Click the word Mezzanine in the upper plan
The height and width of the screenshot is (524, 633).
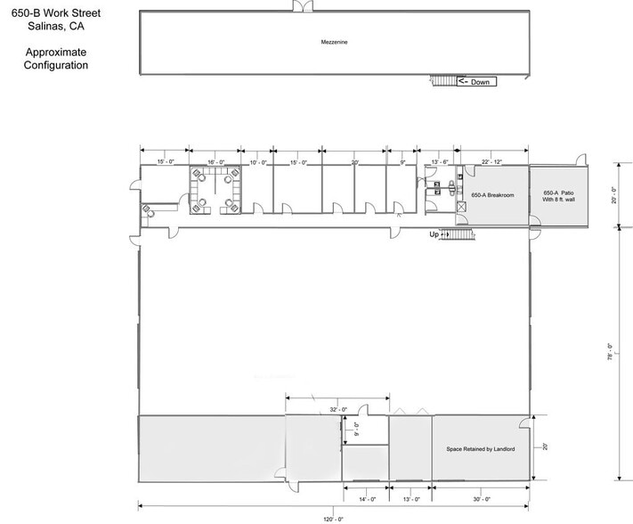point(333,42)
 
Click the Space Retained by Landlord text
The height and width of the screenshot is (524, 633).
point(481,449)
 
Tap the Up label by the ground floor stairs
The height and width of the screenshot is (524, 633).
point(434,234)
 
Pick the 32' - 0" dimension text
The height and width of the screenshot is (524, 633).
point(337,410)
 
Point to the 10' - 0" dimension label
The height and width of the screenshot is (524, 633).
point(259,162)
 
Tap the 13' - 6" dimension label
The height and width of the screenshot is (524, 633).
point(439,162)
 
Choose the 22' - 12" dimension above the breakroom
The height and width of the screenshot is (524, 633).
point(492,162)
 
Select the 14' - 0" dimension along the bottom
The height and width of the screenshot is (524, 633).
point(366,500)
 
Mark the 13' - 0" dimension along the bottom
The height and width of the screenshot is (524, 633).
point(411,500)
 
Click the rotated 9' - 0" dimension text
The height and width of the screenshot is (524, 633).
point(354,430)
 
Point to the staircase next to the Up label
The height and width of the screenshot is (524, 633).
point(459,235)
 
